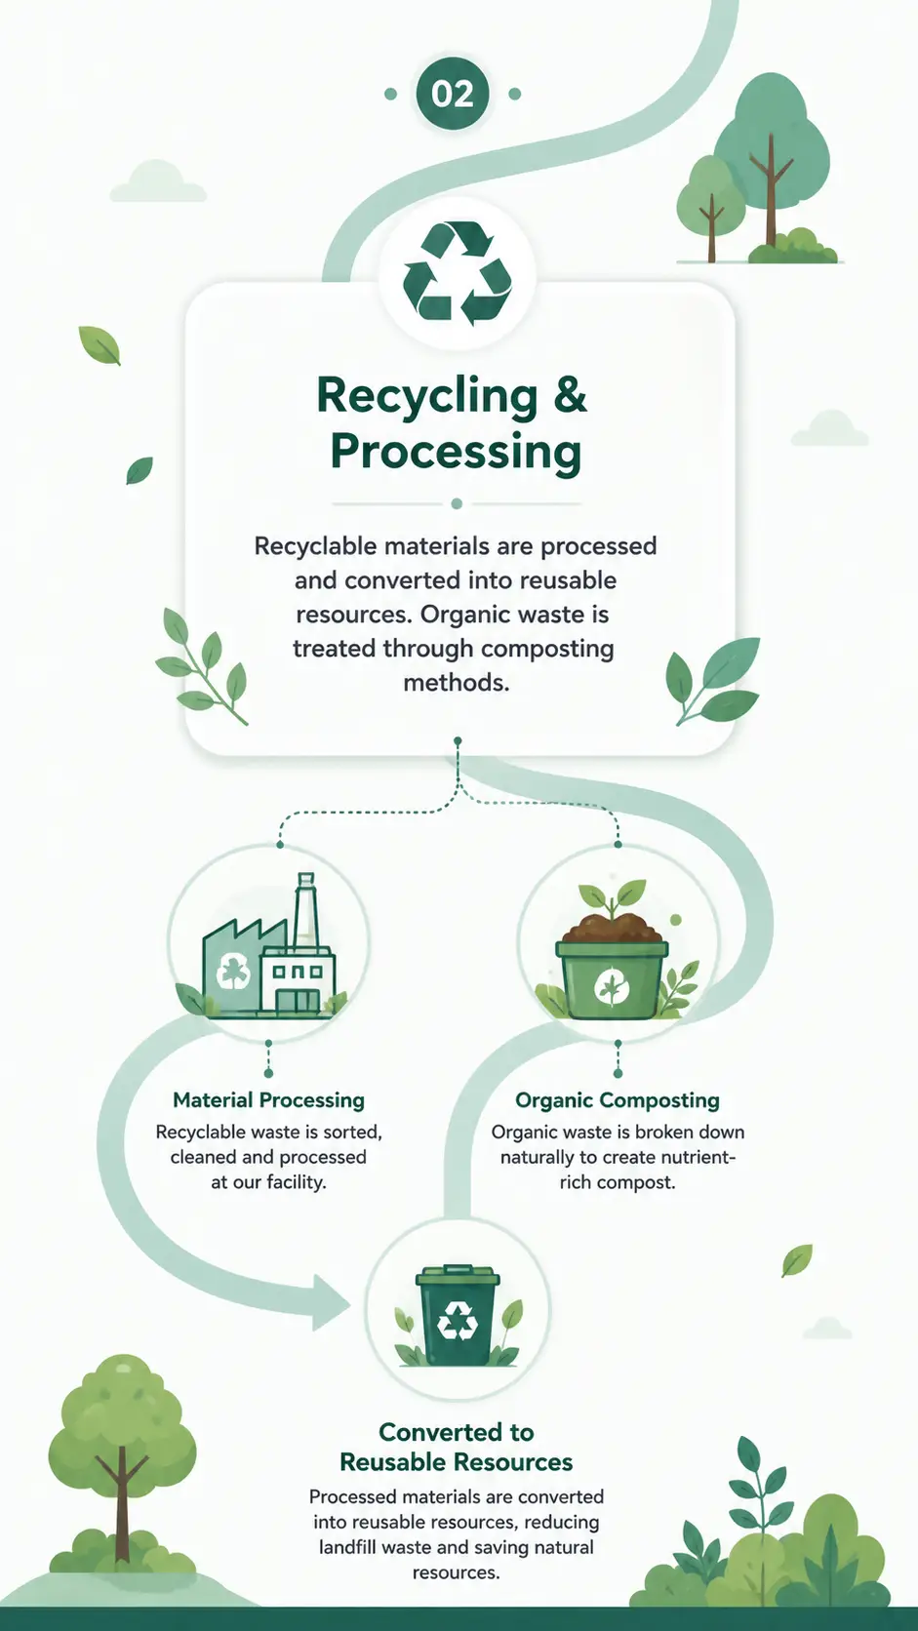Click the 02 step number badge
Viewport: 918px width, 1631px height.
[452, 94]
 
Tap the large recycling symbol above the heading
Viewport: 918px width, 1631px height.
[458, 274]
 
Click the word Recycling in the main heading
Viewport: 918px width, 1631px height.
[426, 398]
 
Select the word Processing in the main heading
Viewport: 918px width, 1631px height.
[457, 452]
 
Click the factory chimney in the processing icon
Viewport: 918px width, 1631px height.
[305, 909]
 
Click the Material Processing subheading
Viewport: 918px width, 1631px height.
[268, 1100]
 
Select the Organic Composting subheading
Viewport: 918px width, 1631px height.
[618, 1100]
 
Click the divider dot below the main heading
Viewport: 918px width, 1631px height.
[457, 504]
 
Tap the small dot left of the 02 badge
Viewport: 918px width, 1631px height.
[390, 94]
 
